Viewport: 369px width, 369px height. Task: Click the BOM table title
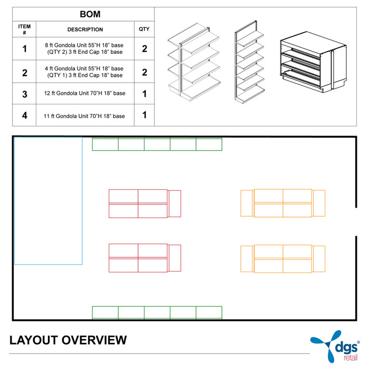tap(83, 15)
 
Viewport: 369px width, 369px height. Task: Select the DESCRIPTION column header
tap(85, 30)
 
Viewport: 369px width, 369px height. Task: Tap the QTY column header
tap(144, 30)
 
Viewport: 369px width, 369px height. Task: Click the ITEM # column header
tap(24, 30)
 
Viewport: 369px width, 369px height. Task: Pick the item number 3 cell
tap(24, 94)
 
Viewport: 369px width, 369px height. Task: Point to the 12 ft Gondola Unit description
tap(85, 94)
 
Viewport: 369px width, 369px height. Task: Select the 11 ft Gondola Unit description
tap(85, 115)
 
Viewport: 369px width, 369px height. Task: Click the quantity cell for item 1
tap(144, 49)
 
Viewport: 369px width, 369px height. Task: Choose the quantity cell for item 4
tap(144, 115)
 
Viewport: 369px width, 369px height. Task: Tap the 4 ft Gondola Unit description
tap(85, 72)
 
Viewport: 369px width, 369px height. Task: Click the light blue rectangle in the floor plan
tap(48, 200)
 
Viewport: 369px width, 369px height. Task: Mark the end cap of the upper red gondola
tap(174, 203)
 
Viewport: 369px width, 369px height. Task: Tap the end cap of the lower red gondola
tap(174, 258)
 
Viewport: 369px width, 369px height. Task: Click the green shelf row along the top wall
tap(157, 144)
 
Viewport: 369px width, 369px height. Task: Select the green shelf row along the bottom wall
tap(157, 312)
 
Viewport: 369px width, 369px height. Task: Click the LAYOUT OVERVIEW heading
tap(68, 340)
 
